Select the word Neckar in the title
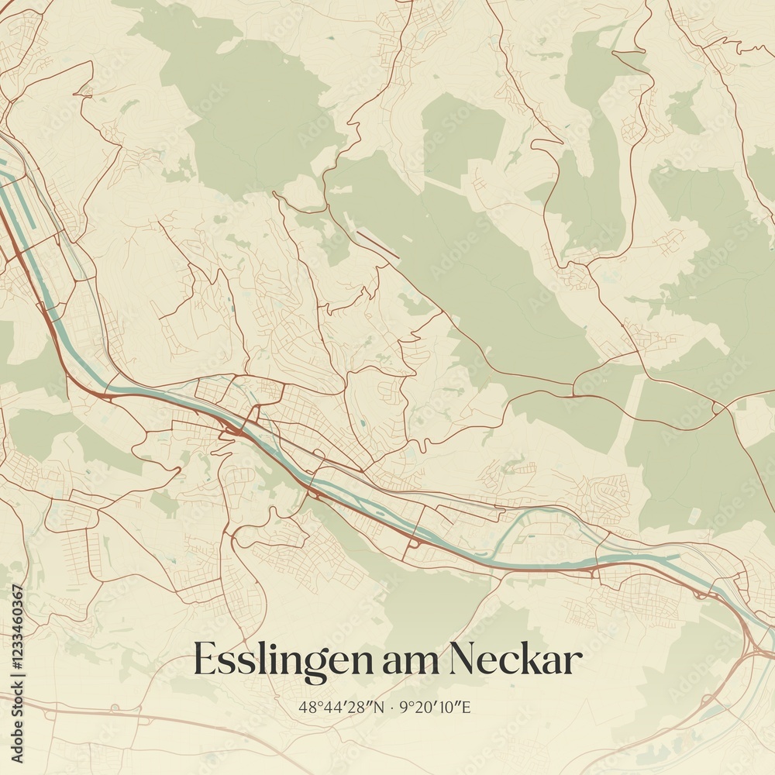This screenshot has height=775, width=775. point(515,661)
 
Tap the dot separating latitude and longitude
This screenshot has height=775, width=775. point(393,707)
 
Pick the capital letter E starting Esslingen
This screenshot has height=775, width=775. point(204,660)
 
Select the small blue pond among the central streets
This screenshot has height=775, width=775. point(362,425)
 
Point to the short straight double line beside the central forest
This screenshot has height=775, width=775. point(378,244)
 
